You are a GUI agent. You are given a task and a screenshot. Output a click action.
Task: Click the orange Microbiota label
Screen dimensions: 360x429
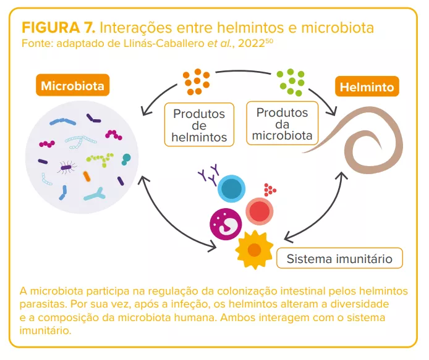[72, 85]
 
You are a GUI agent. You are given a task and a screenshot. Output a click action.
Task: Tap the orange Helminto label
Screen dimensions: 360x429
[367, 87]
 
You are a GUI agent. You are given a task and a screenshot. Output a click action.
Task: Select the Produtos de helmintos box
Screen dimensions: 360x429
[199, 125]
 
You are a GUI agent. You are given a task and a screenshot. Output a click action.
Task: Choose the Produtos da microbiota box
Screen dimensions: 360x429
[282, 123]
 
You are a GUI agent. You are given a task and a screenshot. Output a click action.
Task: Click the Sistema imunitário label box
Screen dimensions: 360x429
[339, 259]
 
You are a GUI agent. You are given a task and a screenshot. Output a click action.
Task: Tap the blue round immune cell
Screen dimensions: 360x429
[231, 189]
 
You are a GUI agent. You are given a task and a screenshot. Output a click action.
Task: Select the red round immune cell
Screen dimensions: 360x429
[260, 212]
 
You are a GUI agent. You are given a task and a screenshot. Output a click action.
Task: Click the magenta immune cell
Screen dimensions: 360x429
[225, 224]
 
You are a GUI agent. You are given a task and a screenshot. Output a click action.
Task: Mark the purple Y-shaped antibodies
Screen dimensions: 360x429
[208, 174]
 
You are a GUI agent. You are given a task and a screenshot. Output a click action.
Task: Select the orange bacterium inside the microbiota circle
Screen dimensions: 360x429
[87, 177]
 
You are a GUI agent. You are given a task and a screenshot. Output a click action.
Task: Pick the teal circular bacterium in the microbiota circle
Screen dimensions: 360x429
[126, 159]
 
